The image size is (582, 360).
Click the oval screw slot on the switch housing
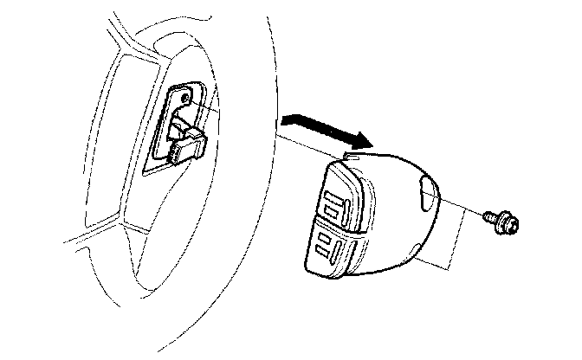[428, 195]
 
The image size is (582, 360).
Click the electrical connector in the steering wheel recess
[185, 143]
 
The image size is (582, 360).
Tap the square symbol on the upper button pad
[336, 207]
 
